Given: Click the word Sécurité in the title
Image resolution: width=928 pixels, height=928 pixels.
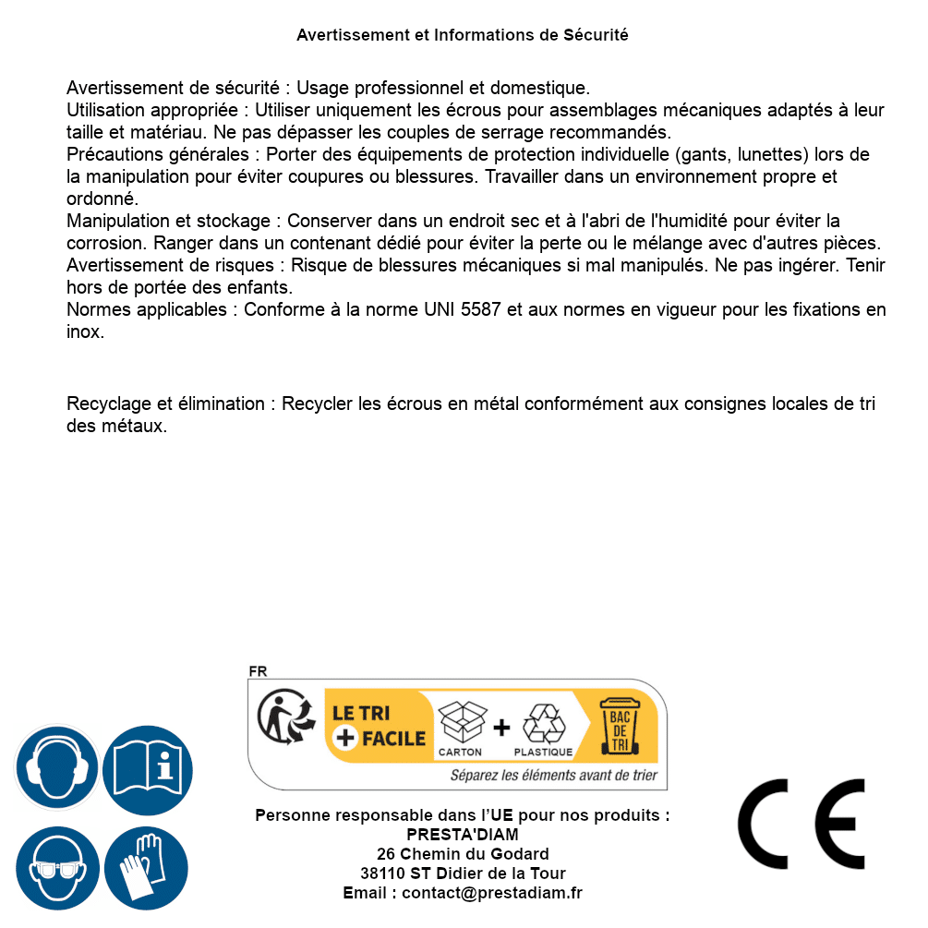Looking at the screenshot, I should coord(596,35).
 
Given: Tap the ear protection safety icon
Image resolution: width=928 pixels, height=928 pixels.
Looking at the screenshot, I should coord(56,767).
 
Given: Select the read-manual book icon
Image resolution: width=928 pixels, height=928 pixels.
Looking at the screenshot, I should coord(148,767).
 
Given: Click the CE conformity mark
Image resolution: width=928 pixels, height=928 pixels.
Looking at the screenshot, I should coord(801,824).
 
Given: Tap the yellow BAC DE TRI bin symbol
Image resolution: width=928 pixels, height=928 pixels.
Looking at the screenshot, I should coord(619,726).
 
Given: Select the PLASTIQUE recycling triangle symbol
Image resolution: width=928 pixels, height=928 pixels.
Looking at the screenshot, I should coord(543,724).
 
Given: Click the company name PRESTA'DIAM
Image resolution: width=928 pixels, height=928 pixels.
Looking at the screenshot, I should coord(463,835).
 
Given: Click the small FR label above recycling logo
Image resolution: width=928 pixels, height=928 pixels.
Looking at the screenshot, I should coord(258,671).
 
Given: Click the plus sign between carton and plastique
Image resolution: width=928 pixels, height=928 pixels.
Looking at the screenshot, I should coord(501,727).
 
